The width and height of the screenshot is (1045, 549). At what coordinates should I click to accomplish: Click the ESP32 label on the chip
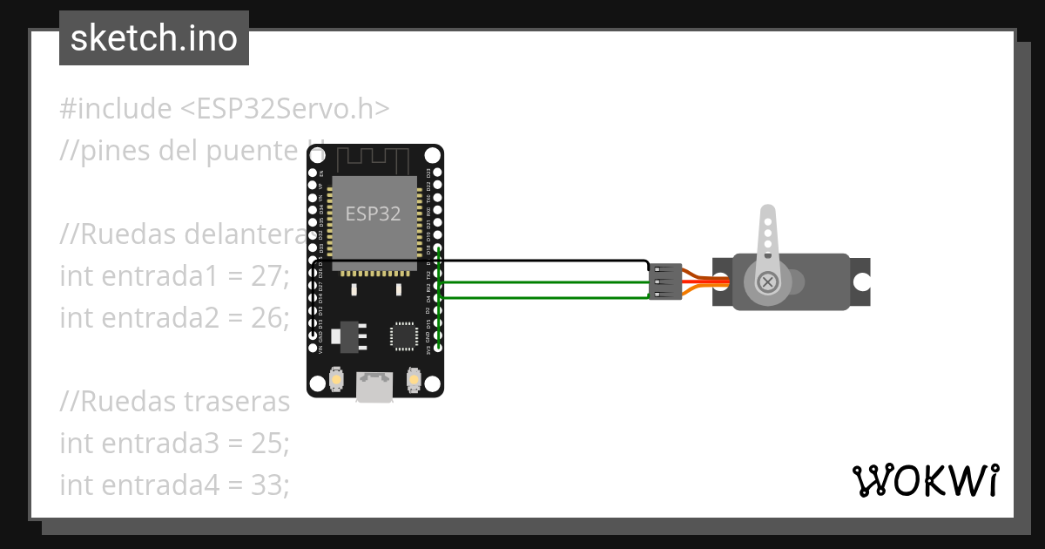(x=374, y=214)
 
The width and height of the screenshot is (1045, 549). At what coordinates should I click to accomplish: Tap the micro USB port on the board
(x=374, y=387)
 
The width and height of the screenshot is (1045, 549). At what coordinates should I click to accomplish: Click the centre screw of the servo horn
(x=768, y=281)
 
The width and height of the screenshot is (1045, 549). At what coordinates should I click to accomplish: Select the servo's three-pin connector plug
(x=664, y=281)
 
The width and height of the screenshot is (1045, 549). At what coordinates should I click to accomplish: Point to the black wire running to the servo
(x=540, y=261)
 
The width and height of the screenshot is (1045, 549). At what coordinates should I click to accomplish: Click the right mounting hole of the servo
(x=861, y=281)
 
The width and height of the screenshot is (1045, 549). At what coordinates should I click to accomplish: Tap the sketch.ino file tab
(x=154, y=38)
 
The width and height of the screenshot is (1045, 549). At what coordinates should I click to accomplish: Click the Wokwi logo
(x=925, y=480)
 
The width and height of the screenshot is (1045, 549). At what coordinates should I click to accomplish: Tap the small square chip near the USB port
(x=404, y=335)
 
